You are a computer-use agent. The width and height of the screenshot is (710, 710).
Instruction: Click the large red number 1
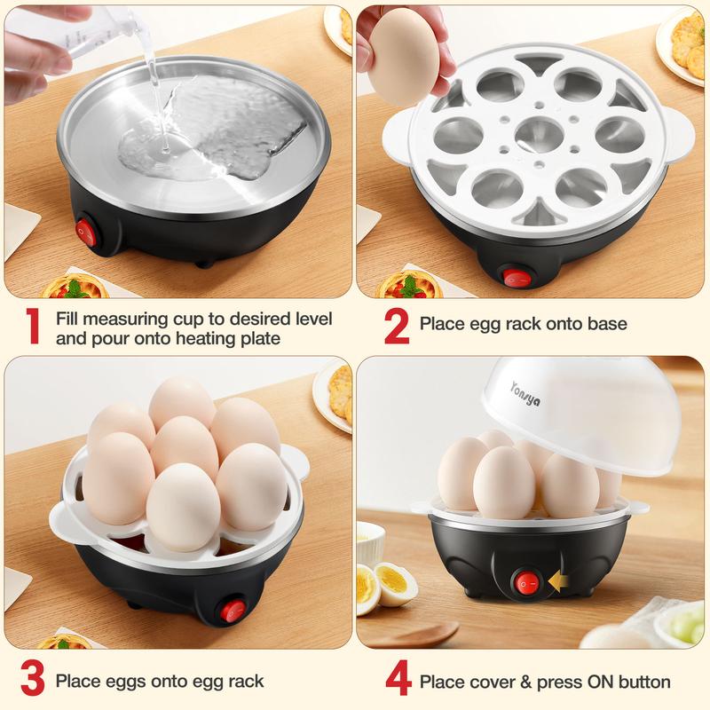[x=33, y=327]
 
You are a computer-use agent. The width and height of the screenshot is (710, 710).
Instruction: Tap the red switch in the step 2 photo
[x=515, y=278]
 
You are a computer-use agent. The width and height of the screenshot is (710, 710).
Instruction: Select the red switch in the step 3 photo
[x=234, y=611]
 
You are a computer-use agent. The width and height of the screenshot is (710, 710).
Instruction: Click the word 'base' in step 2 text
[x=608, y=324]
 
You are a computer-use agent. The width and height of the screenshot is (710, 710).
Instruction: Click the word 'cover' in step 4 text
[x=488, y=682]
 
